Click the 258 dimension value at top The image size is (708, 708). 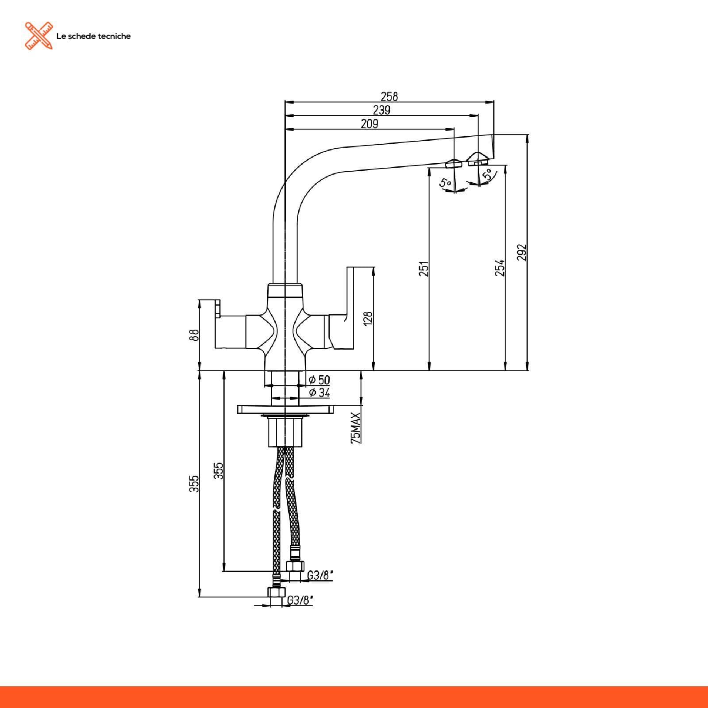coord(389,96)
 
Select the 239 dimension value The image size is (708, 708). coord(381,110)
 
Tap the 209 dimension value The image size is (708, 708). coord(369,124)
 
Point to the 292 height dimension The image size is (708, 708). coord(522,252)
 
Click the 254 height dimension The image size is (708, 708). coord(500,268)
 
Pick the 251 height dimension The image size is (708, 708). coord(424,269)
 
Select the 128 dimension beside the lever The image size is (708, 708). coord(368,319)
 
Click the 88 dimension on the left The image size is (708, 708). coord(193,335)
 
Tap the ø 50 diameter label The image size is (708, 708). coord(319,380)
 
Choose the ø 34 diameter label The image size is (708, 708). coord(319,392)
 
